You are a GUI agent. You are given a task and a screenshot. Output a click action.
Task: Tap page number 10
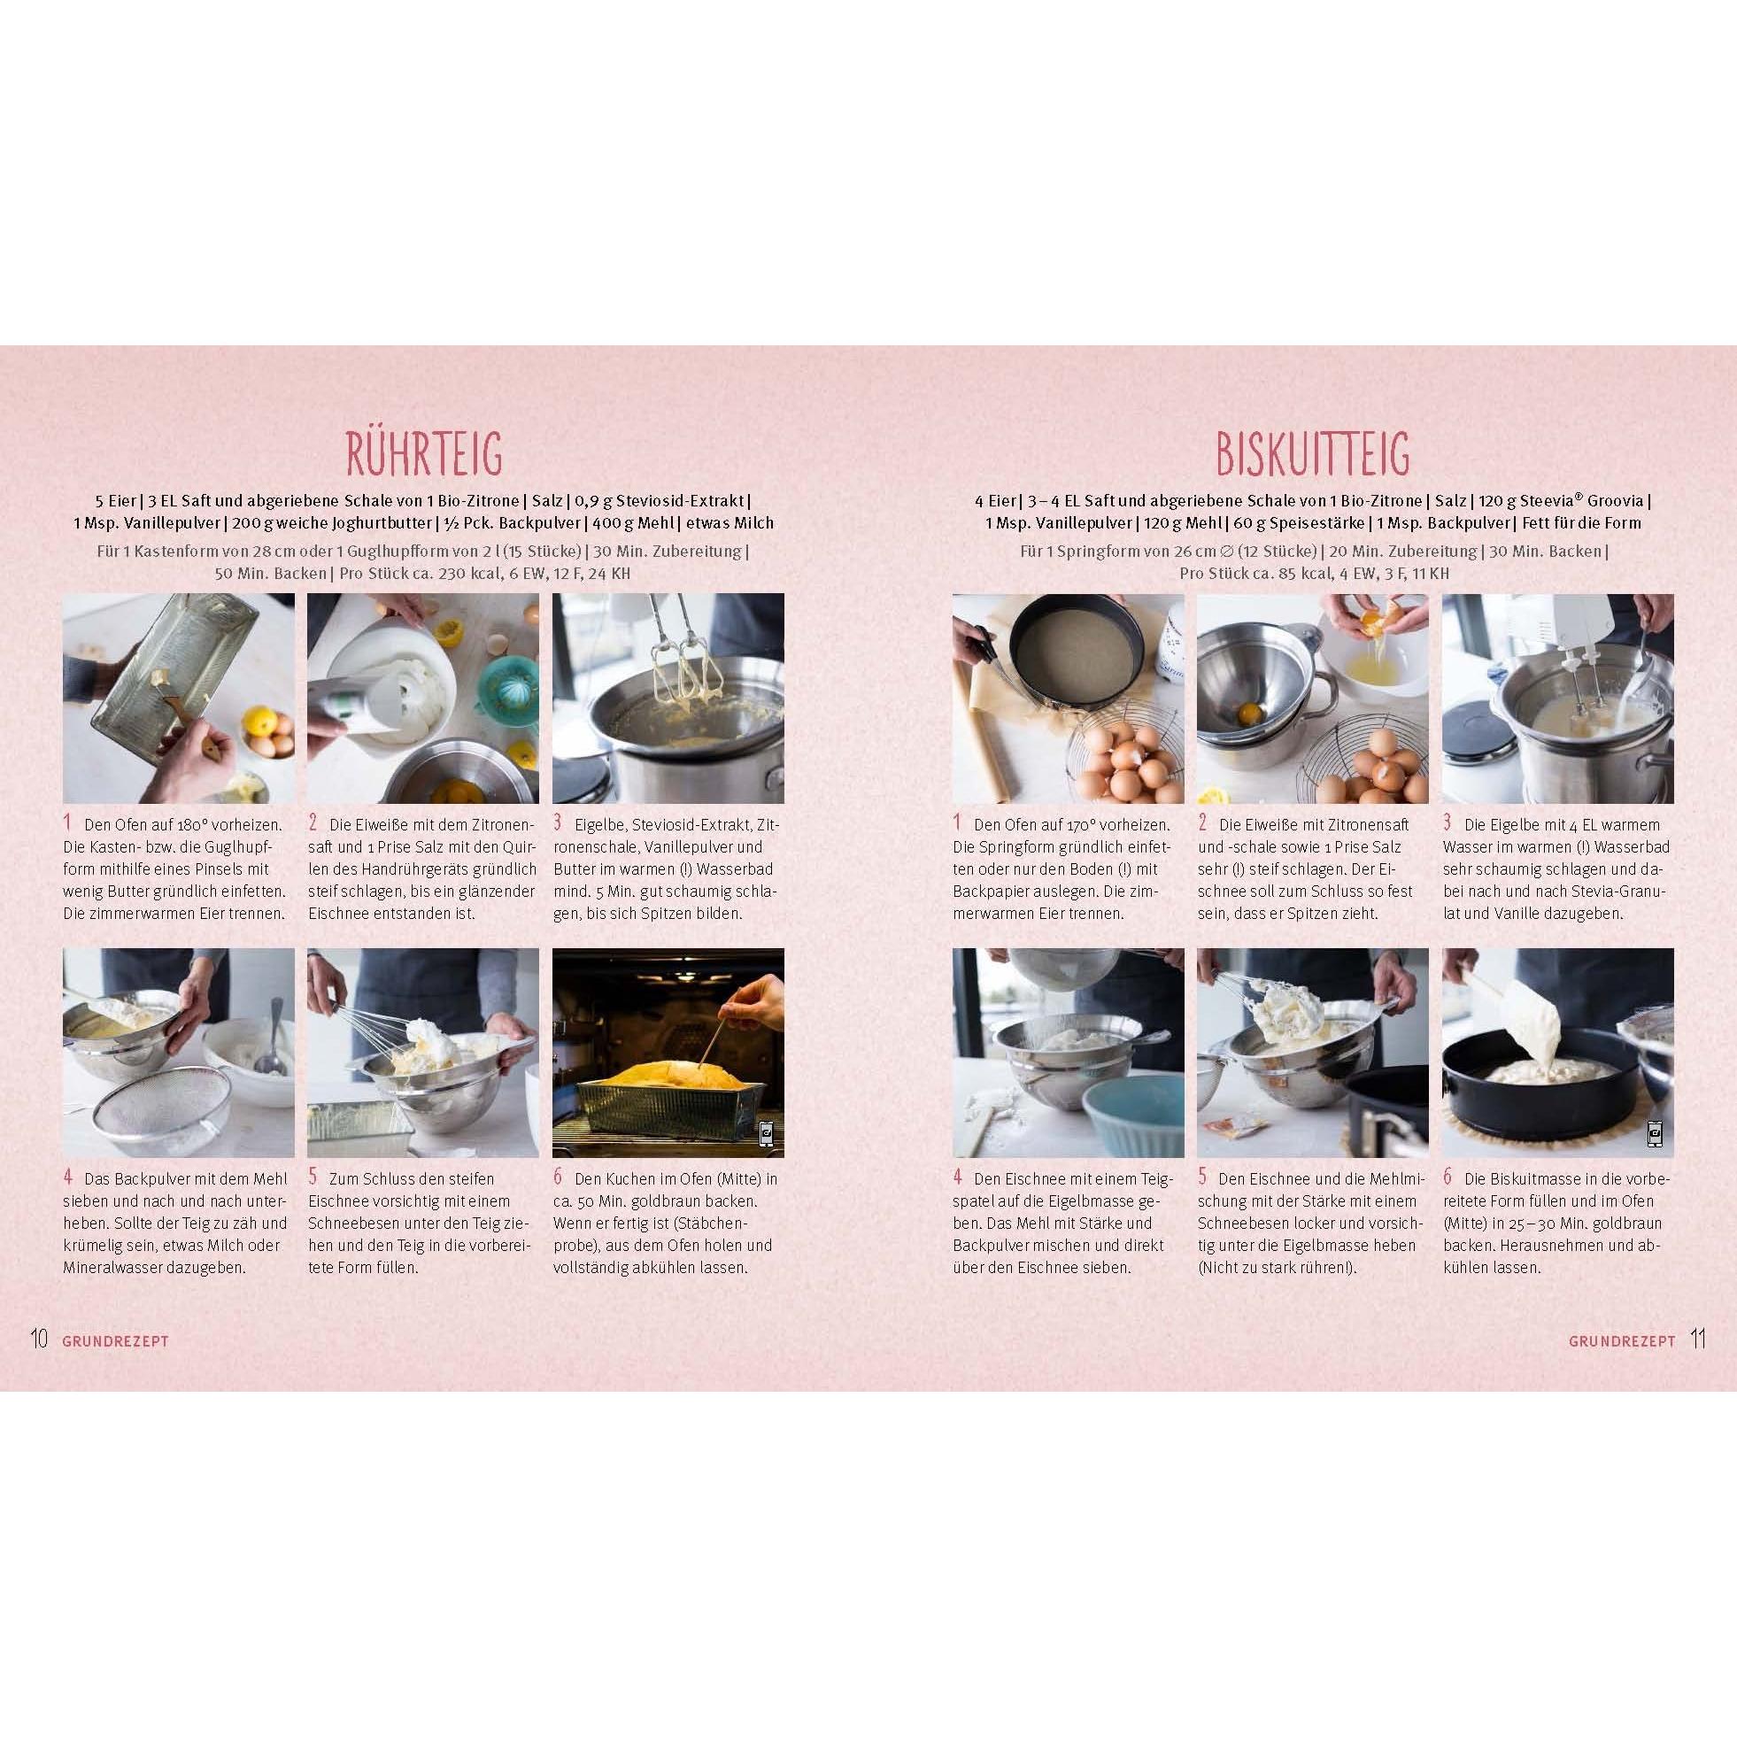40,1339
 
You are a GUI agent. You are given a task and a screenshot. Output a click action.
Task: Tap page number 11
1697,1339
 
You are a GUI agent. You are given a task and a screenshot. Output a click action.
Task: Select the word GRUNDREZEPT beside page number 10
116,1340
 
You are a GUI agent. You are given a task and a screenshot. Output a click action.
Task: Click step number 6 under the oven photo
558,1177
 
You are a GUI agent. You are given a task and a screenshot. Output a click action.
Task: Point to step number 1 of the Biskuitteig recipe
958,822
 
